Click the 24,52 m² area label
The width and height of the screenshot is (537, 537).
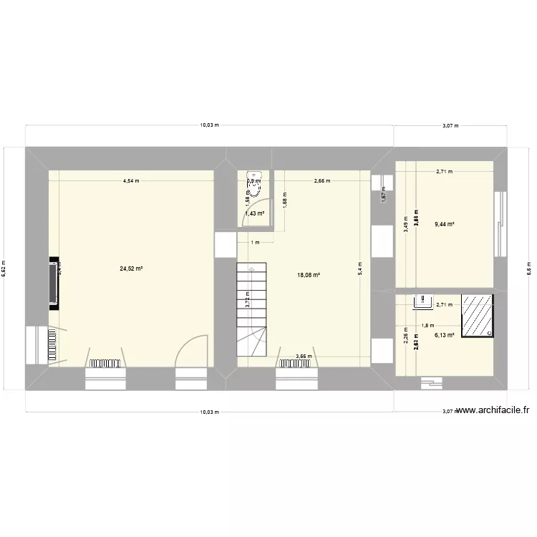pyautogui.click(x=131, y=269)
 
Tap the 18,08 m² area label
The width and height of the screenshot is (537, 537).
pyautogui.click(x=308, y=274)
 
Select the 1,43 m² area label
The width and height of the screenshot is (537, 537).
pyautogui.click(x=254, y=213)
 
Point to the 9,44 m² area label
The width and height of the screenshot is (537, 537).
pyautogui.click(x=445, y=223)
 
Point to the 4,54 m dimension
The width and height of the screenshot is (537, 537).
pyautogui.click(x=130, y=181)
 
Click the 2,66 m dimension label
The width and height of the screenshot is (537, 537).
pyautogui.click(x=321, y=181)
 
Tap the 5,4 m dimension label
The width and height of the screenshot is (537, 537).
pyautogui.click(x=360, y=268)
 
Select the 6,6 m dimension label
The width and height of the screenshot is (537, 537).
pyautogui.click(x=530, y=268)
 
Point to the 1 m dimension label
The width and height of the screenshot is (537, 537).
pyautogui.click(x=254, y=242)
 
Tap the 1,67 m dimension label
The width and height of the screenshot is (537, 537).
pyautogui.click(x=384, y=193)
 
